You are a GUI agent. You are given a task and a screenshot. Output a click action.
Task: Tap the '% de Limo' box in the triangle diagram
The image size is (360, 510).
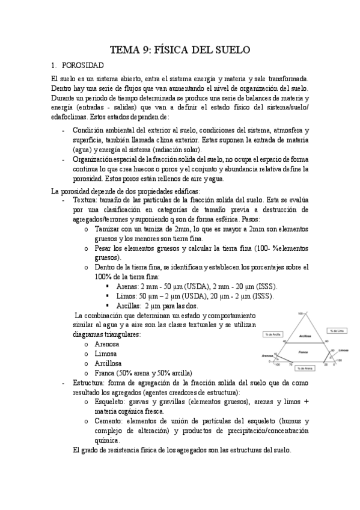[335, 330]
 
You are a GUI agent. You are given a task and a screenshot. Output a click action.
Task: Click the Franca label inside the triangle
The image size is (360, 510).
[303, 351]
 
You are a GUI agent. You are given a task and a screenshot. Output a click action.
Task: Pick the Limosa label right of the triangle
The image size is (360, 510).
[343, 349]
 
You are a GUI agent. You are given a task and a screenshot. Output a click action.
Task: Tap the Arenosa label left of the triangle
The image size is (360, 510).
[267, 355]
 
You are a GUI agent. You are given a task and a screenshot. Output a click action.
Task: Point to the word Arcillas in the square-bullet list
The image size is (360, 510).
[129, 306]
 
